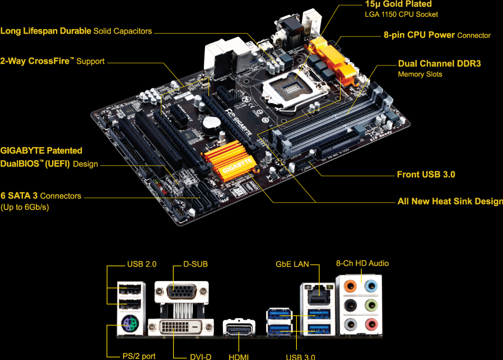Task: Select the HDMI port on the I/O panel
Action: (239, 328)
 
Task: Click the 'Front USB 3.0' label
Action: (426, 175)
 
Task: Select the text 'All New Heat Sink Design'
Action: (450, 202)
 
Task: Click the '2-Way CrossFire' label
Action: (52, 61)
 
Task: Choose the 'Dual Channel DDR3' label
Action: (439, 64)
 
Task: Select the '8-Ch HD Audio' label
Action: (362, 263)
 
